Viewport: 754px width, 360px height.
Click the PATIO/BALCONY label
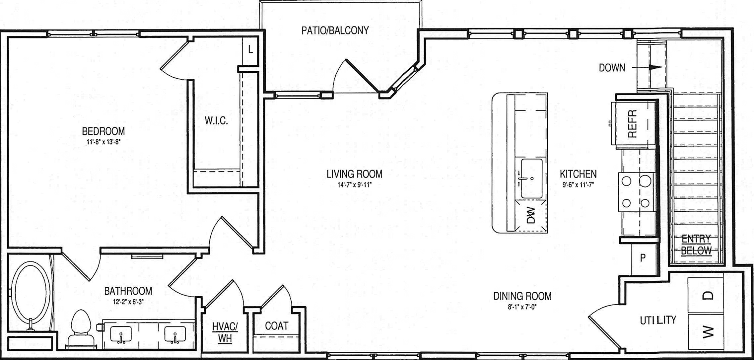point(335,31)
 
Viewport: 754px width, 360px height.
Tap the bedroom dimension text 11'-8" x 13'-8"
point(103,142)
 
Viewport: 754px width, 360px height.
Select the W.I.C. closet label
point(216,120)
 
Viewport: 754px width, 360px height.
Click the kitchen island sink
point(531,178)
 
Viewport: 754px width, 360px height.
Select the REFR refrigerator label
point(632,124)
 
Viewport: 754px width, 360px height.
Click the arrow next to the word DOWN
point(647,67)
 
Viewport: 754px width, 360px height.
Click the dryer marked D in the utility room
point(706,295)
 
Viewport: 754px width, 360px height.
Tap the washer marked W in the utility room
point(706,331)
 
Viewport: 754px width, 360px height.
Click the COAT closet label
point(277,326)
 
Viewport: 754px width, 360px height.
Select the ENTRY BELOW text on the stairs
point(696,245)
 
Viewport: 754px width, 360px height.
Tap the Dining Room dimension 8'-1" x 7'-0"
point(522,307)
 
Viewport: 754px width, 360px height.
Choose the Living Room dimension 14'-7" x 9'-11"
point(355,185)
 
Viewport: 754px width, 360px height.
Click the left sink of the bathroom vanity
point(121,334)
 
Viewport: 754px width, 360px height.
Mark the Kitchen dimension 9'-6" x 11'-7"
point(578,185)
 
